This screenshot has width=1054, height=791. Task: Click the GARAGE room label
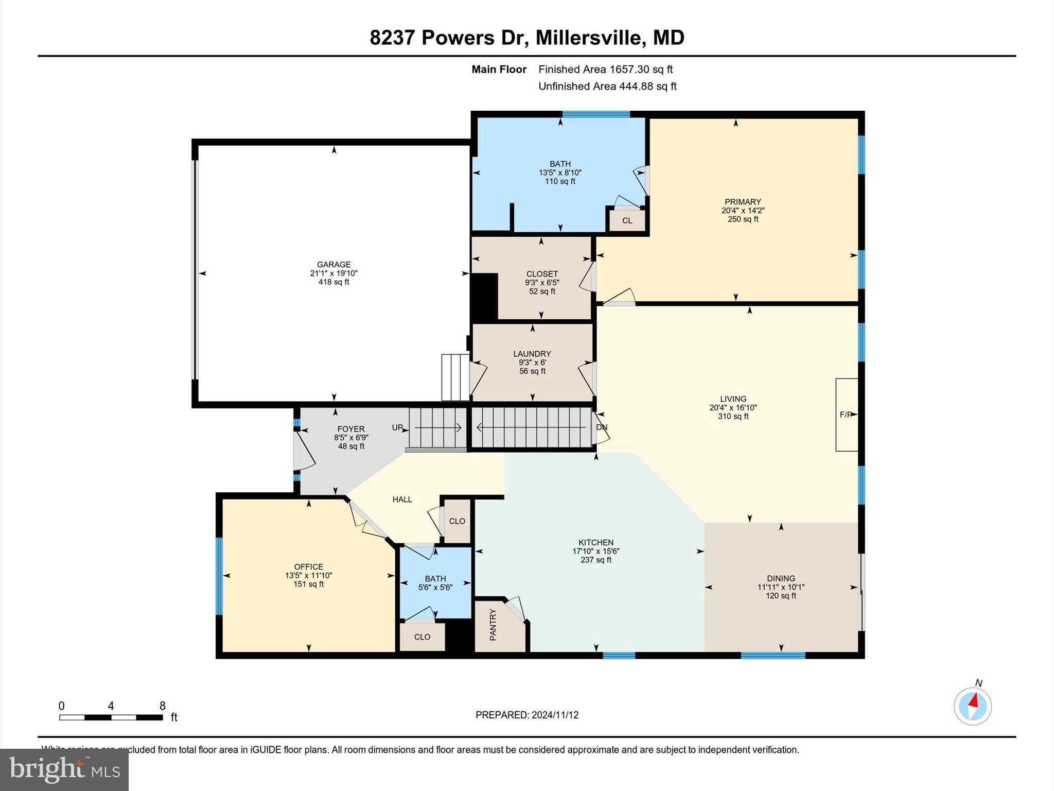pyautogui.click(x=333, y=265)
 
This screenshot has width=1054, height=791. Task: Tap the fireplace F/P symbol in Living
pyautogui.click(x=846, y=415)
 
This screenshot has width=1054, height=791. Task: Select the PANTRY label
pyautogui.click(x=493, y=625)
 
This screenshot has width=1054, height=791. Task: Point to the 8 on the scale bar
pyautogui.click(x=163, y=706)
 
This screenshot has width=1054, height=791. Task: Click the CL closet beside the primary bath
pyautogui.click(x=627, y=221)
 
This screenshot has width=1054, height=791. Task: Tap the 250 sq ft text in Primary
pyautogui.click(x=743, y=219)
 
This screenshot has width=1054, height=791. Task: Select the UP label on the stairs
pyautogui.click(x=398, y=427)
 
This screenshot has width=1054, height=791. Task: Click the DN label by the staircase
pyautogui.click(x=602, y=427)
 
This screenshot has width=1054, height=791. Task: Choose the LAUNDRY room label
pyautogui.click(x=532, y=354)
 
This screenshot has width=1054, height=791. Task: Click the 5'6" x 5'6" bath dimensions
pyautogui.click(x=435, y=587)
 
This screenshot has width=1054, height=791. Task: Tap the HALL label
pyautogui.click(x=402, y=500)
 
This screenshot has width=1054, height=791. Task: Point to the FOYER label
pyautogui.click(x=351, y=429)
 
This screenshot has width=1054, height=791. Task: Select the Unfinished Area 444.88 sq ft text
pyautogui.click(x=607, y=87)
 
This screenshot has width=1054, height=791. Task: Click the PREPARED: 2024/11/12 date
pyautogui.click(x=527, y=715)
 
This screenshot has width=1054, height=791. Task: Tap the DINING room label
pyautogui.click(x=781, y=578)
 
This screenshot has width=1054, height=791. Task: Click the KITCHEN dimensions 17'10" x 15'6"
pyautogui.click(x=596, y=551)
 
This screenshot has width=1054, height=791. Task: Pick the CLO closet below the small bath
pyautogui.click(x=422, y=637)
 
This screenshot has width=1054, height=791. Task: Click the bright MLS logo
pyautogui.click(x=64, y=769)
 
